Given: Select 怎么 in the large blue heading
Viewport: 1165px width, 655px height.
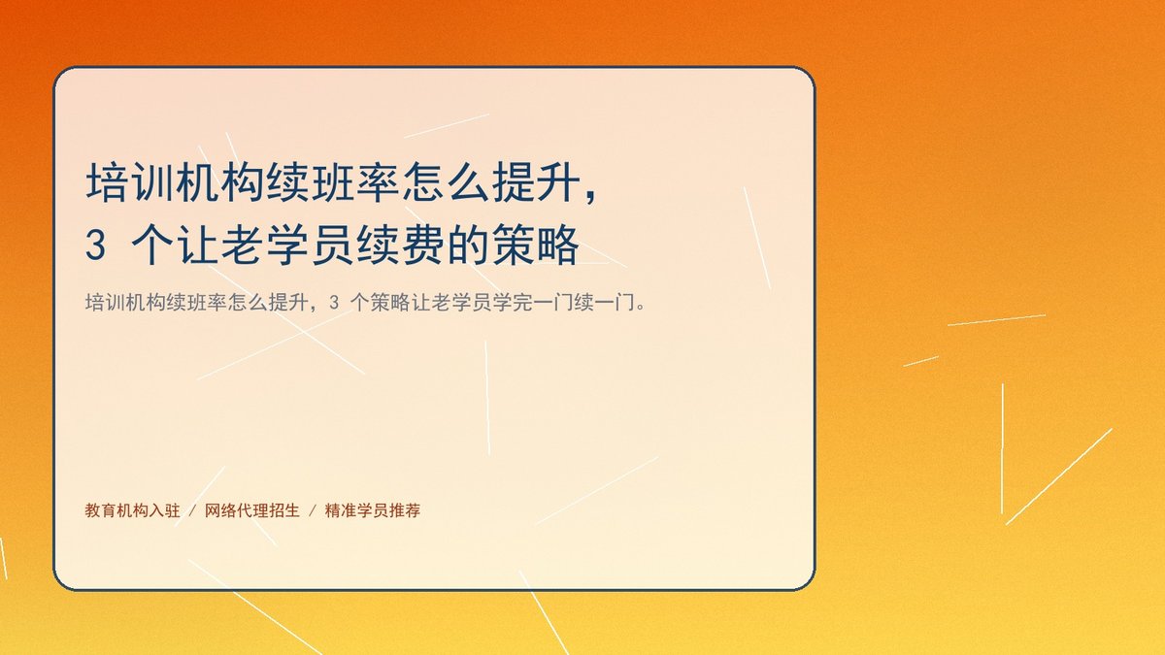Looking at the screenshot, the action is tap(447, 182).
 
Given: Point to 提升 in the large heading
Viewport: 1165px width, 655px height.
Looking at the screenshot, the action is tap(537, 182).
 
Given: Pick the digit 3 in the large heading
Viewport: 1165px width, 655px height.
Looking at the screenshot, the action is tap(96, 246).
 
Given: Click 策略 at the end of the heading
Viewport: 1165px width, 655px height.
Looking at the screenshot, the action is tap(537, 245).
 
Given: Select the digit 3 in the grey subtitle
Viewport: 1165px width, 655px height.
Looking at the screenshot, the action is tap(334, 302).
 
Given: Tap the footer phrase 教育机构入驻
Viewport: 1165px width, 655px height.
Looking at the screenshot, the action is tap(133, 510).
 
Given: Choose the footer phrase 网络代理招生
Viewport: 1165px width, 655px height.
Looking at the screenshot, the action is tap(252, 510).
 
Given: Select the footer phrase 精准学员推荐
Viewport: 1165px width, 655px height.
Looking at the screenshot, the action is tap(373, 510).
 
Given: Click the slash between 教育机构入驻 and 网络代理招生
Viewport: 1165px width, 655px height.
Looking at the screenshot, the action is tap(192, 510).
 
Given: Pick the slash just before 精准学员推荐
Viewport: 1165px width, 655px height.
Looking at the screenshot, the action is tap(313, 510).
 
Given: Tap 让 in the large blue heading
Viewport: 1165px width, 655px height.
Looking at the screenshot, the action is tap(198, 245).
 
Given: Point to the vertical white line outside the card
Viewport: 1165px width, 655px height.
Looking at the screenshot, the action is tap(1002, 448).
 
